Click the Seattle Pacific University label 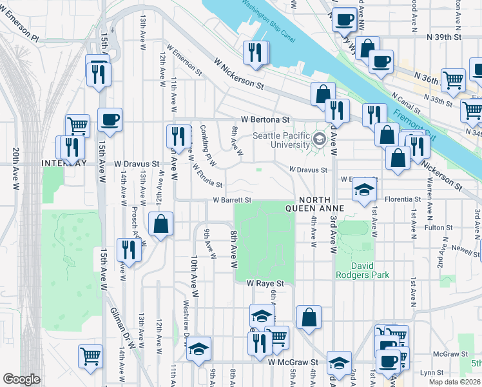pyautogui.click(x=281, y=140)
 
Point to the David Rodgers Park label pyautogui.click(x=362, y=270)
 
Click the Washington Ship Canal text pyautogui.click(x=269, y=21)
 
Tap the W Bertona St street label pyautogui.click(x=265, y=120)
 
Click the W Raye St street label pyautogui.click(x=265, y=283)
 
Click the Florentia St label pyautogui.click(x=403, y=200)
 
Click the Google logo pyautogui.click(x=21, y=379)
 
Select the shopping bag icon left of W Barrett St pyautogui.click(x=160, y=224)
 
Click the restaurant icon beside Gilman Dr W pyautogui.click(x=129, y=250)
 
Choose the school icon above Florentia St pyautogui.click(x=364, y=190)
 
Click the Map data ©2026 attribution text pyautogui.click(x=455, y=382)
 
